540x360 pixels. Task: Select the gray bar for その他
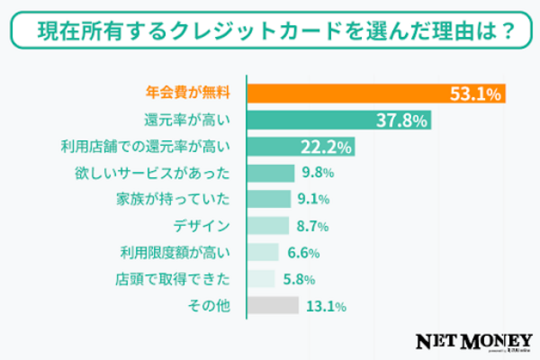tap(272, 305)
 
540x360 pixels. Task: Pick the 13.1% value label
tap(325, 305)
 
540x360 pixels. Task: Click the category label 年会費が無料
tap(188, 94)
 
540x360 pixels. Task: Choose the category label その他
tap(212, 305)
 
